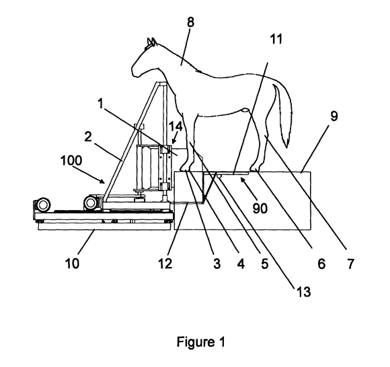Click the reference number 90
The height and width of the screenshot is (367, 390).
coord(259,209)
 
